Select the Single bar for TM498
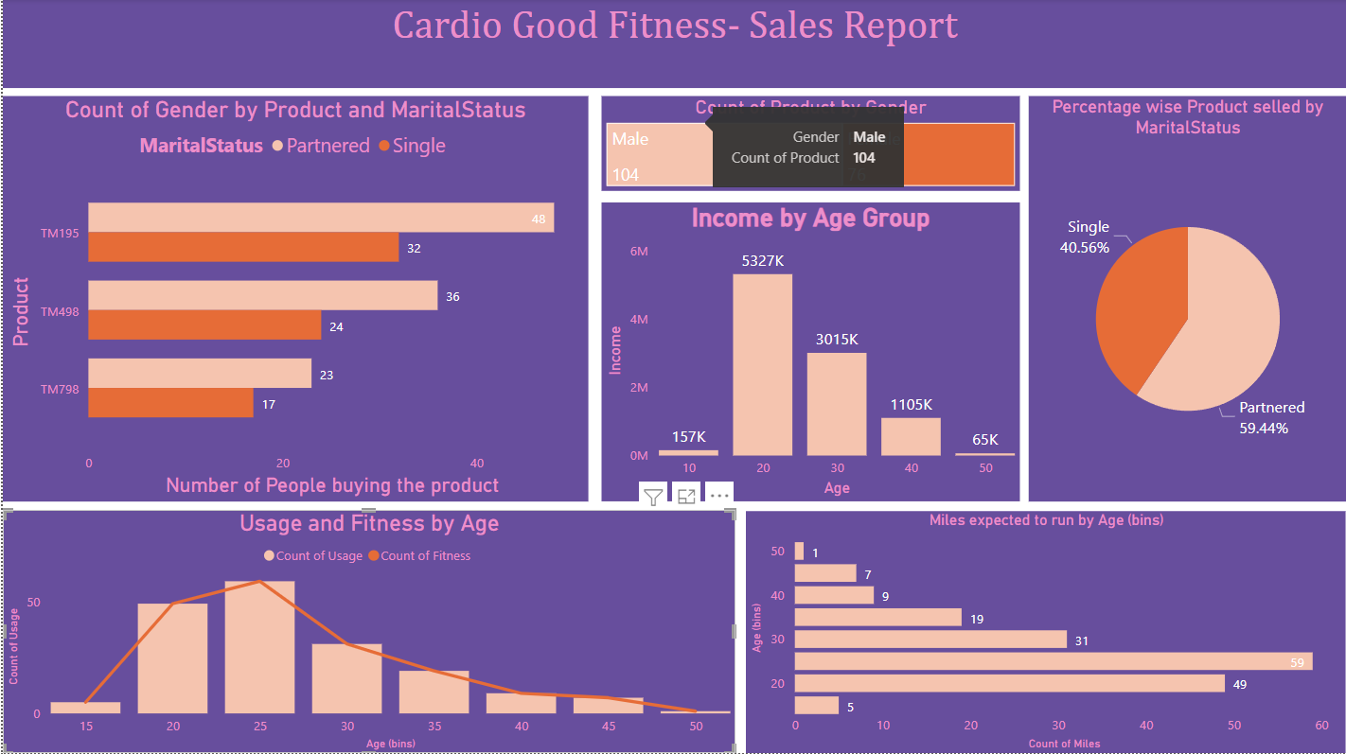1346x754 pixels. (x=204, y=325)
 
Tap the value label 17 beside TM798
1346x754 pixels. (x=269, y=404)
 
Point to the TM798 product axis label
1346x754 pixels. (x=60, y=389)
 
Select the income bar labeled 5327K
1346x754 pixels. (x=762, y=364)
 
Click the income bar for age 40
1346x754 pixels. (x=911, y=436)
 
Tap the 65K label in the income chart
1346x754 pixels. (x=984, y=440)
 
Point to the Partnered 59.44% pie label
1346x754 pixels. (x=1271, y=417)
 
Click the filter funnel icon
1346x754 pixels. (x=653, y=496)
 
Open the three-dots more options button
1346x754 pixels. (x=718, y=496)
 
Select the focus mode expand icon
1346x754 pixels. (x=686, y=496)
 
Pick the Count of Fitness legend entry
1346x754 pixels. (x=419, y=555)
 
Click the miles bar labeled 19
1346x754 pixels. (x=877, y=618)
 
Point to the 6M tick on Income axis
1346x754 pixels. (x=639, y=252)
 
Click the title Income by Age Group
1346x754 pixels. (x=810, y=219)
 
